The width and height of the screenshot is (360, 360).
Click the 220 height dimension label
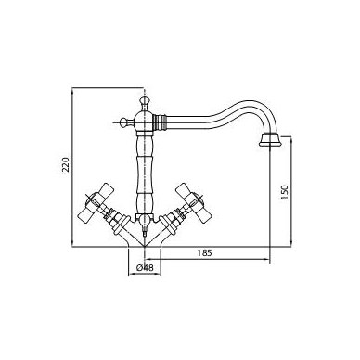pos(66,164)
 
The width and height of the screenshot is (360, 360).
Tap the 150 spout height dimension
pos(284,192)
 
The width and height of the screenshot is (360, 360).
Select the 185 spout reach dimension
pos(205,253)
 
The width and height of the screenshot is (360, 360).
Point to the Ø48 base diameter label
pos(145,268)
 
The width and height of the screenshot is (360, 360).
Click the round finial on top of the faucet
pos(144,101)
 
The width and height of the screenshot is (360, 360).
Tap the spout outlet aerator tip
pos(270,140)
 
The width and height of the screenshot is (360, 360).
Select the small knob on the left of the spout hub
pos(124,122)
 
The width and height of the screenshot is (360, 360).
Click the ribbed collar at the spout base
pos(161,122)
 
